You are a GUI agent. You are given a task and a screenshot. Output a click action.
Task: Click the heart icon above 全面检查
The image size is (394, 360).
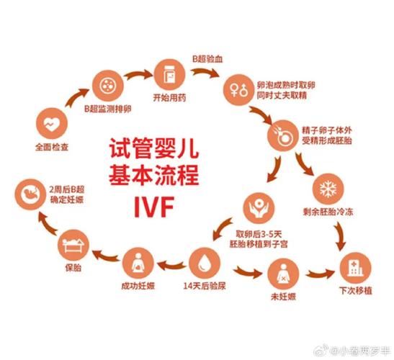[x=52, y=123]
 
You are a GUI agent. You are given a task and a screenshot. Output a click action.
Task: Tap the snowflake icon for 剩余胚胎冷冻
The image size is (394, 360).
[x=328, y=189]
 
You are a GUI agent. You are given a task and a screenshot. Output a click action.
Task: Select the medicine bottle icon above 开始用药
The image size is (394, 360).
[x=169, y=75]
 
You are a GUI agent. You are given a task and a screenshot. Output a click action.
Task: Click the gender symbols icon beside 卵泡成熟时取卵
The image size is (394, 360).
[x=239, y=90]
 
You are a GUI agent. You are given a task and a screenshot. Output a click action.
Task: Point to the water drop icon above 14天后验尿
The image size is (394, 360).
[x=205, y=263]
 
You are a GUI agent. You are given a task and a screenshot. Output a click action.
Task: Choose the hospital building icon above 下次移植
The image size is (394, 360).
[x=355, y=268]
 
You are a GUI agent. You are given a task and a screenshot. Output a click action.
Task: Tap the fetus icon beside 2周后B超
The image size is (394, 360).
[x=30, y=194]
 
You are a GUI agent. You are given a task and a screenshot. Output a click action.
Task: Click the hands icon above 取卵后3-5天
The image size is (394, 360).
[x=259, y=208]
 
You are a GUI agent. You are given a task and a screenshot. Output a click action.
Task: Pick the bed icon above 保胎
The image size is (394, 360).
[x=73, y=245]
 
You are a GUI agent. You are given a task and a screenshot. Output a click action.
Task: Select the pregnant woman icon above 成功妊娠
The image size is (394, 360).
[x=138, y=263]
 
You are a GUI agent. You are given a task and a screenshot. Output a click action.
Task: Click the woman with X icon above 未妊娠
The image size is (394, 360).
[x=283, y=274]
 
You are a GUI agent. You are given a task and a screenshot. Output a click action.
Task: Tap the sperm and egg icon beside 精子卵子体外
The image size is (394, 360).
[x=283, y=135]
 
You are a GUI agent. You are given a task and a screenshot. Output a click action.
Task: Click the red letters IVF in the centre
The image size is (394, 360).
[x=154, y=207]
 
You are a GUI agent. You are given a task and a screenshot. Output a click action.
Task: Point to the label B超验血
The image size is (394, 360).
[x=207, y=59]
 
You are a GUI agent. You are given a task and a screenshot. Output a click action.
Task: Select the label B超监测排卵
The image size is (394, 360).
[x=108, y=109]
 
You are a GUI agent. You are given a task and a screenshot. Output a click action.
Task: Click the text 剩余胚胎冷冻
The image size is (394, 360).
[x=328, y=212]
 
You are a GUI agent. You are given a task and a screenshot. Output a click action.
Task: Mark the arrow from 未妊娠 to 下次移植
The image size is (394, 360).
[x=320, y=274]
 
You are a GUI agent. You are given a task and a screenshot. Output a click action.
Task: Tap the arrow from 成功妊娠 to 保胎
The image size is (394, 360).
[x=106, y=256]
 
